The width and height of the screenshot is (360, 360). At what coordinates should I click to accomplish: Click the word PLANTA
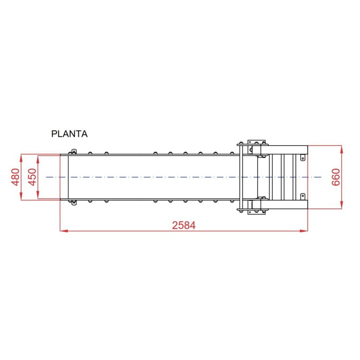tap(69, 134)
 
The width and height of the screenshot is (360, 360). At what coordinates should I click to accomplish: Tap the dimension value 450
tap(32, 177)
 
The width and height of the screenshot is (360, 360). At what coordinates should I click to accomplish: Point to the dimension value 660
tap(335, 177)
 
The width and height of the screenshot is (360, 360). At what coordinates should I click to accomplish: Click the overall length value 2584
tap(184, 225)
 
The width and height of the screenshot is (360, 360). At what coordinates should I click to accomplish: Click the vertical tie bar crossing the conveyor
tap(242, 177)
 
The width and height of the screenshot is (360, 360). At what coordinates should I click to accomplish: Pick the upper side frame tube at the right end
tap(288, 150)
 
